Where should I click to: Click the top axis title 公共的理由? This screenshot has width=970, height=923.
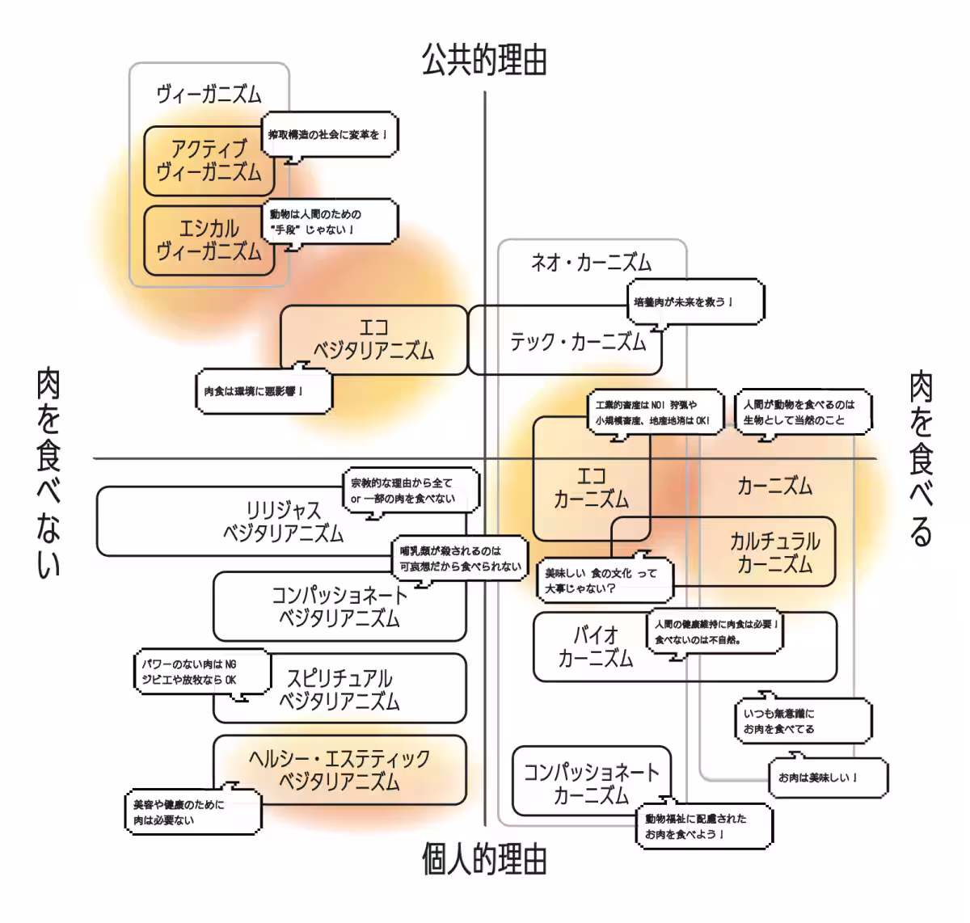[484, 60]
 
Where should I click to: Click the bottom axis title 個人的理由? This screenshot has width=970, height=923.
[484, 859]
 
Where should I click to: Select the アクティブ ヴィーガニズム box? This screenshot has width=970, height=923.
[209, 161]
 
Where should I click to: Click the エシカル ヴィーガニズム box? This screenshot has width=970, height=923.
[209, 241]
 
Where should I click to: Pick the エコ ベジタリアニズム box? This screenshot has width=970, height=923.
[373, 339]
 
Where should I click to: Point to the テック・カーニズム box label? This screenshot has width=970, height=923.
[577, 343]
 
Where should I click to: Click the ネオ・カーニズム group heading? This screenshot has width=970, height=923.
[591, 262]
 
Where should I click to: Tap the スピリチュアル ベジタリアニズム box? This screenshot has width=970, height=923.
[339, 689]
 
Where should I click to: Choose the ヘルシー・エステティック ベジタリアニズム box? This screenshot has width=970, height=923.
[339, 769]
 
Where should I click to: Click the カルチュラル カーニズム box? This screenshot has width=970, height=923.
[774, 552]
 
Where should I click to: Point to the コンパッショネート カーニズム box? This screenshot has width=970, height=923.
[591, 782]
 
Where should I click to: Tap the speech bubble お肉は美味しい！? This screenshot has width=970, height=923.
[827, 778]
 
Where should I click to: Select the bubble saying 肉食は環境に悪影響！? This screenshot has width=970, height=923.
[264, 392]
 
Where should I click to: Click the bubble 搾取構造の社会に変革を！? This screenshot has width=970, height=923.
[330, 134]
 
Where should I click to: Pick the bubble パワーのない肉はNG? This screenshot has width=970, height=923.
[200, 672]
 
